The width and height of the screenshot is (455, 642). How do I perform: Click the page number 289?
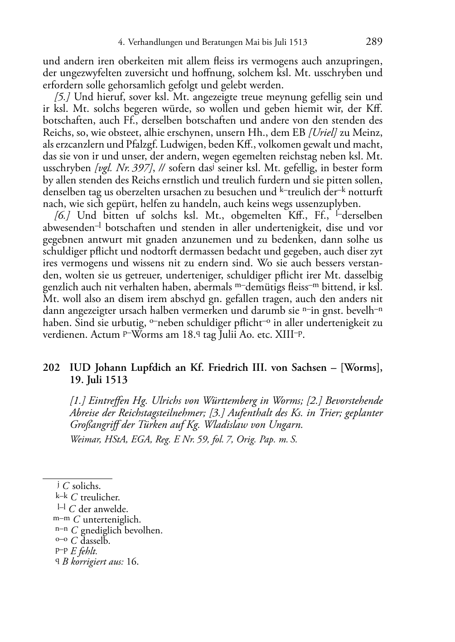pos(374,42)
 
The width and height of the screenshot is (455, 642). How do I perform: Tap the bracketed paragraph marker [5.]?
pos(62,97)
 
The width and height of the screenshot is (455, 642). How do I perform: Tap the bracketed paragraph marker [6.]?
pos(62,216)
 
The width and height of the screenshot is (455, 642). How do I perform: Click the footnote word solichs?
pos(86,486)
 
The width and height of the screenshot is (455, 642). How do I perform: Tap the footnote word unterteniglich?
pos(111,519)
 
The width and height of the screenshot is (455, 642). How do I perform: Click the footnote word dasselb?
pos(96,541)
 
